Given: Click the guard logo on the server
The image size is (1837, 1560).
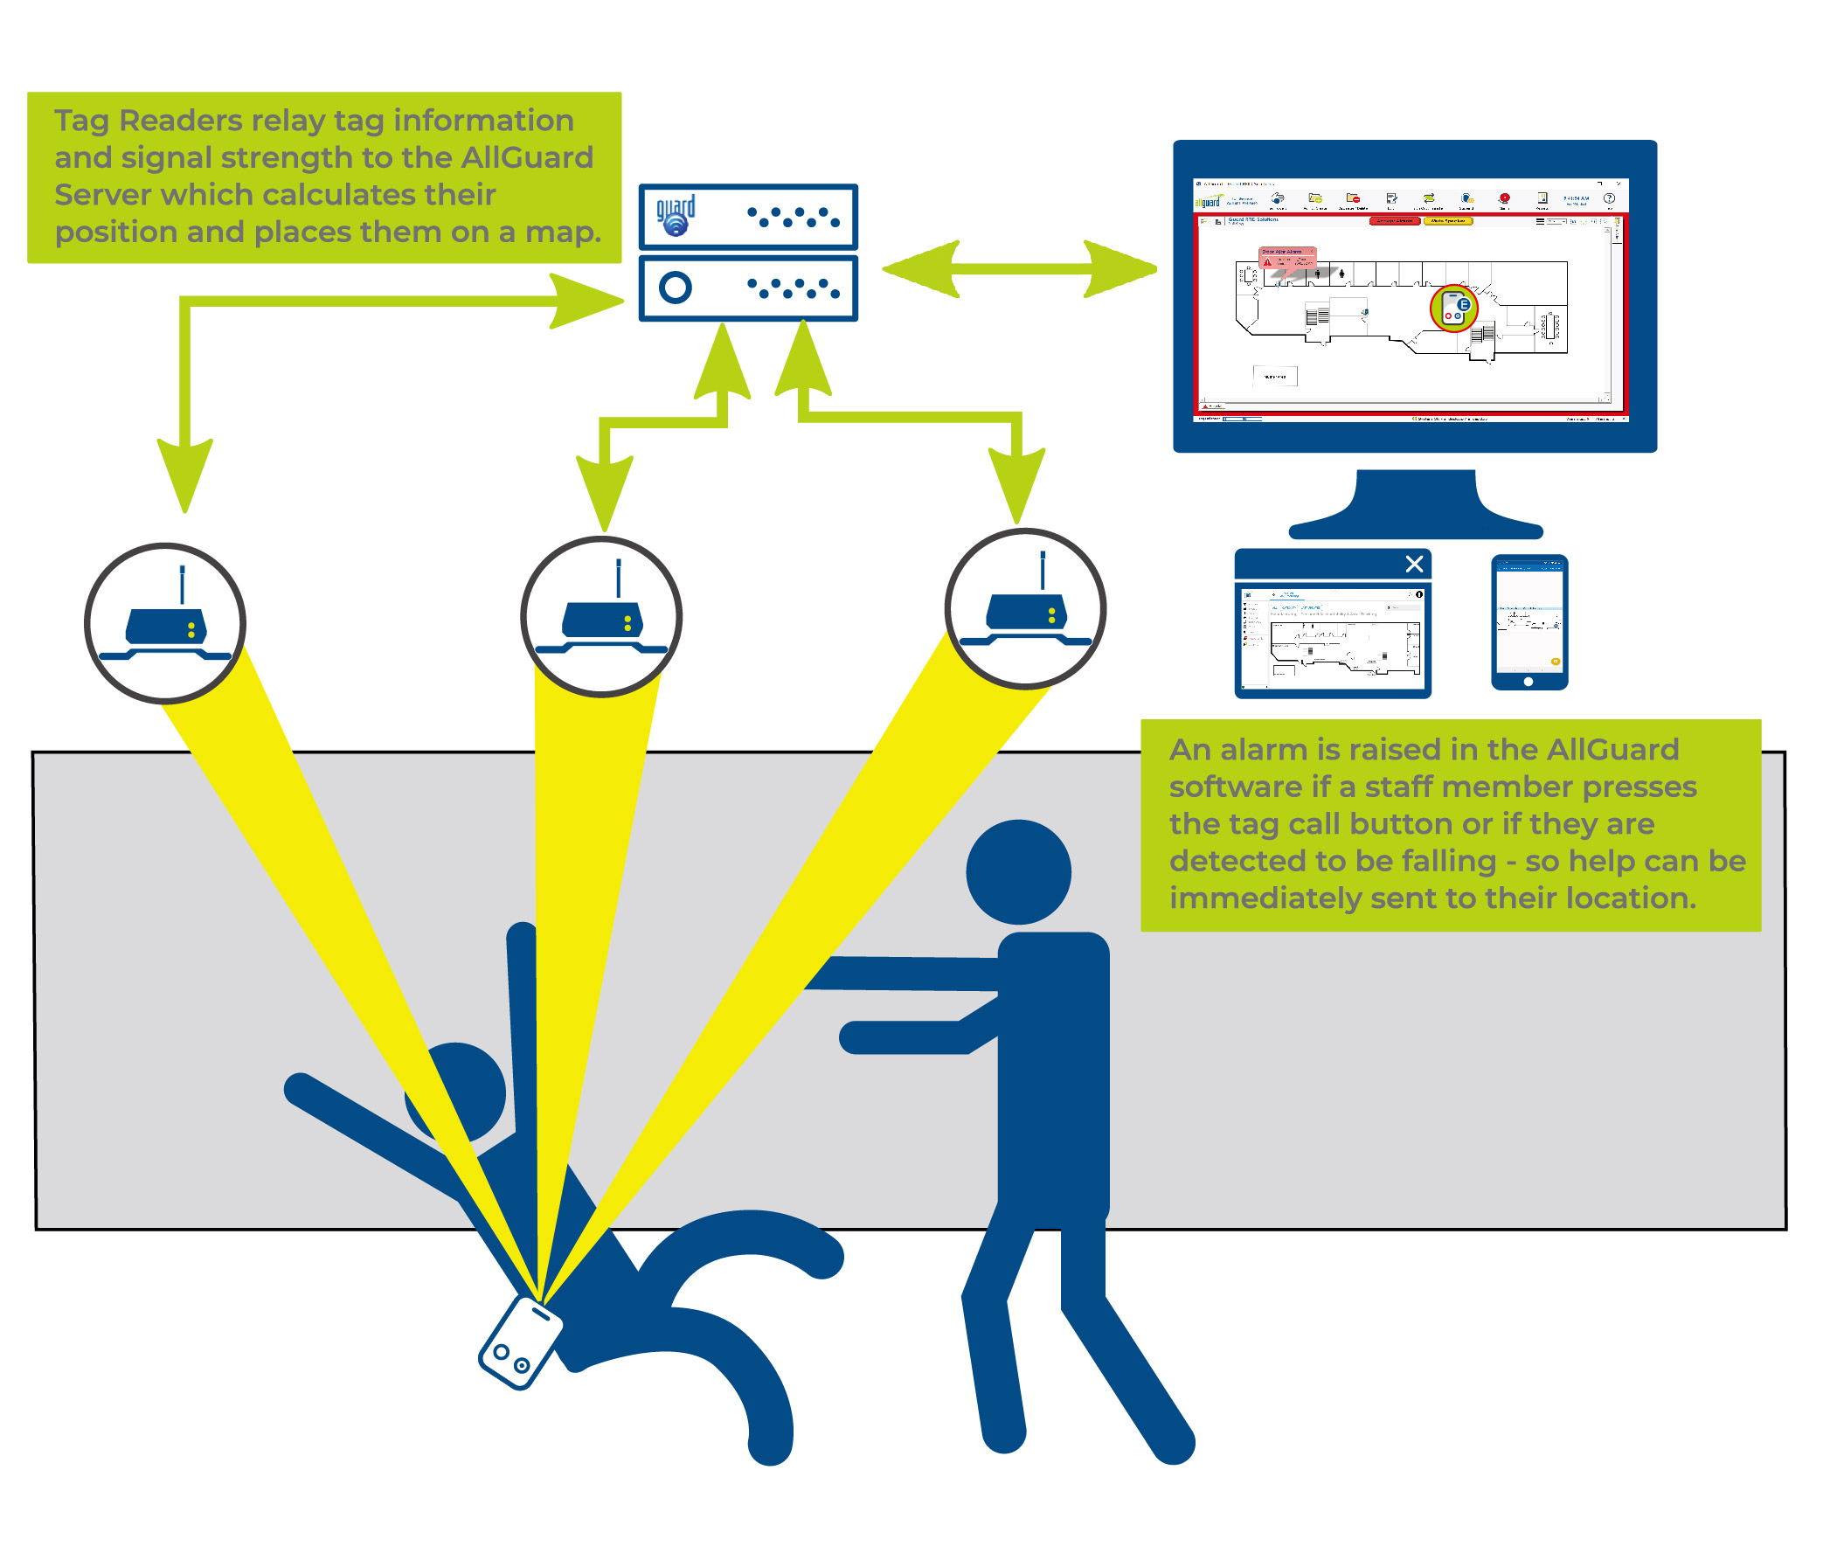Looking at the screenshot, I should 675,216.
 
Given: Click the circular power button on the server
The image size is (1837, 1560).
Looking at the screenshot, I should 675,288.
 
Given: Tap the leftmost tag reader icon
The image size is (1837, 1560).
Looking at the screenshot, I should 164,623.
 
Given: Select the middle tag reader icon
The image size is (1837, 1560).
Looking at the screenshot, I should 600,616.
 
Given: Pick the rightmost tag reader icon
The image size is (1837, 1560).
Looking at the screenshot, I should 1024,608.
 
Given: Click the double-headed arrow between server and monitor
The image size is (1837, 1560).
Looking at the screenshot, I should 1019,269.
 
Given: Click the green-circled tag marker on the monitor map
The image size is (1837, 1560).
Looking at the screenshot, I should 1452,308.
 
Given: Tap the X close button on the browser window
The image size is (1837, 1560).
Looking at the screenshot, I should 1413,564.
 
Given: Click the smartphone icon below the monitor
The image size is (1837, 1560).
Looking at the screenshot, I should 1529,621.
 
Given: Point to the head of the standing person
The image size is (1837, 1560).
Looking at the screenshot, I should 1018,872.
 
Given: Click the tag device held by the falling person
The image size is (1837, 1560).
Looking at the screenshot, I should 519,1342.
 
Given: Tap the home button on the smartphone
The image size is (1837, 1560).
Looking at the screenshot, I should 1528,682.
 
